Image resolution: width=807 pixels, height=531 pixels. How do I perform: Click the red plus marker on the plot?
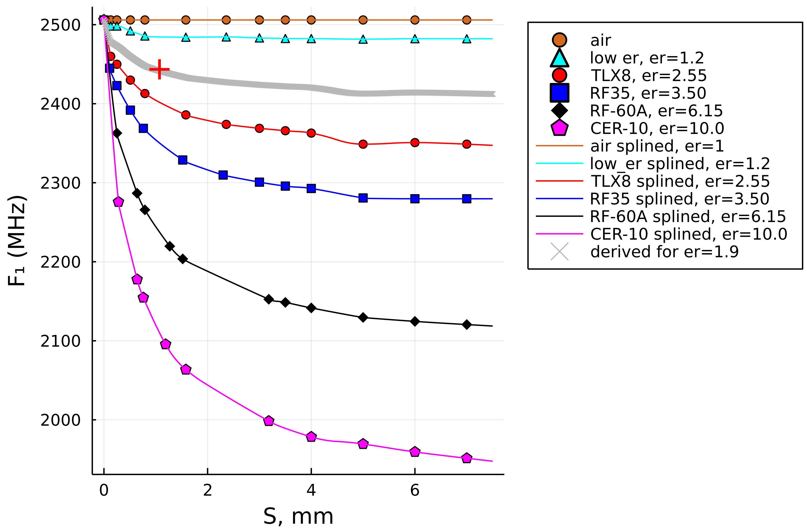click(x=159, y=70)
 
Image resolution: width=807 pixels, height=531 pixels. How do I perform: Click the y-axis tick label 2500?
click(x=60, y=25)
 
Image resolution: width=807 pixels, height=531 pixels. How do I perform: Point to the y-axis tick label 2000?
click(x=60, y=420)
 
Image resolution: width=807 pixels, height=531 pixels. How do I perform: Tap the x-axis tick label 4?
click(x=311, y=490)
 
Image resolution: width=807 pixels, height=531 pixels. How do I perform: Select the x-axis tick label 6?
click(x=414, y=490)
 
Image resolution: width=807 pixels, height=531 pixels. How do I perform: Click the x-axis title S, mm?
click(x=298, y=517)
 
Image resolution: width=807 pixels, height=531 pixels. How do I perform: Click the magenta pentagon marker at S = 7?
click(x=466, y=458)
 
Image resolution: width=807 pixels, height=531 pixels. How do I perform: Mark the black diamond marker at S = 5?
click(x=363, y=317)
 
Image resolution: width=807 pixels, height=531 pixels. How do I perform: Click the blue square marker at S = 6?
click(x=414, y=199)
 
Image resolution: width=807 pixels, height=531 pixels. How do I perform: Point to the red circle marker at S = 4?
click(x=311, y=133)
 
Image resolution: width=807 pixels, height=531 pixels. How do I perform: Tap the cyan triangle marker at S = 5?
click(x=363, y=40)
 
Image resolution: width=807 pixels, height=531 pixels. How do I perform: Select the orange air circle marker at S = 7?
click(x=466, y=20)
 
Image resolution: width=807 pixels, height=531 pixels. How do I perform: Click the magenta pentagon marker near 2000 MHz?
click(x=268, y=421)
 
